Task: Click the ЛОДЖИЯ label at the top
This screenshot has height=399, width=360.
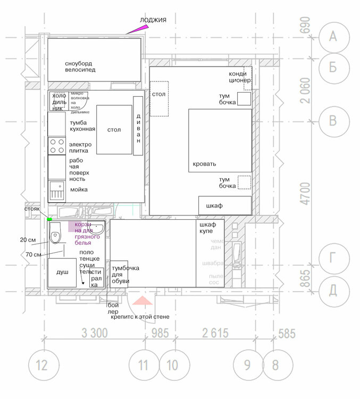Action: [153, 20]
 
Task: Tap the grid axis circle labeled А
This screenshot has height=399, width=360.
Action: [333, 36]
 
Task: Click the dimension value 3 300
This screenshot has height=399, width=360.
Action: [95, 334]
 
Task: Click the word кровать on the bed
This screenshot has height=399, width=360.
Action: [204, 164]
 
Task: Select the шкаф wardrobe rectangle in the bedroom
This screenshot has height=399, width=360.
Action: [224, 205]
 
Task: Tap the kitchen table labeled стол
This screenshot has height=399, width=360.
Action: [114, 130]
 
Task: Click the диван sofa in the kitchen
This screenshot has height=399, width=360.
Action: [138, 126]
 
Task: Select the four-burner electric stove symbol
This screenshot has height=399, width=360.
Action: [56, 146]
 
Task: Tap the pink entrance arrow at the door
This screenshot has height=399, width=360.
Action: [142, 302]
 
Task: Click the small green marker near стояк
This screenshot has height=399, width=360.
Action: [49, 219]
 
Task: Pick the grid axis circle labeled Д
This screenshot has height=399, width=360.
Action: [333, 289]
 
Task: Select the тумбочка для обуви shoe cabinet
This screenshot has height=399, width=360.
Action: [119, 275]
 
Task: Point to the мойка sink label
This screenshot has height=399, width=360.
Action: [78, 189]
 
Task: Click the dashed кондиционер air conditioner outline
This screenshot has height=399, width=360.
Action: [247, 79]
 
